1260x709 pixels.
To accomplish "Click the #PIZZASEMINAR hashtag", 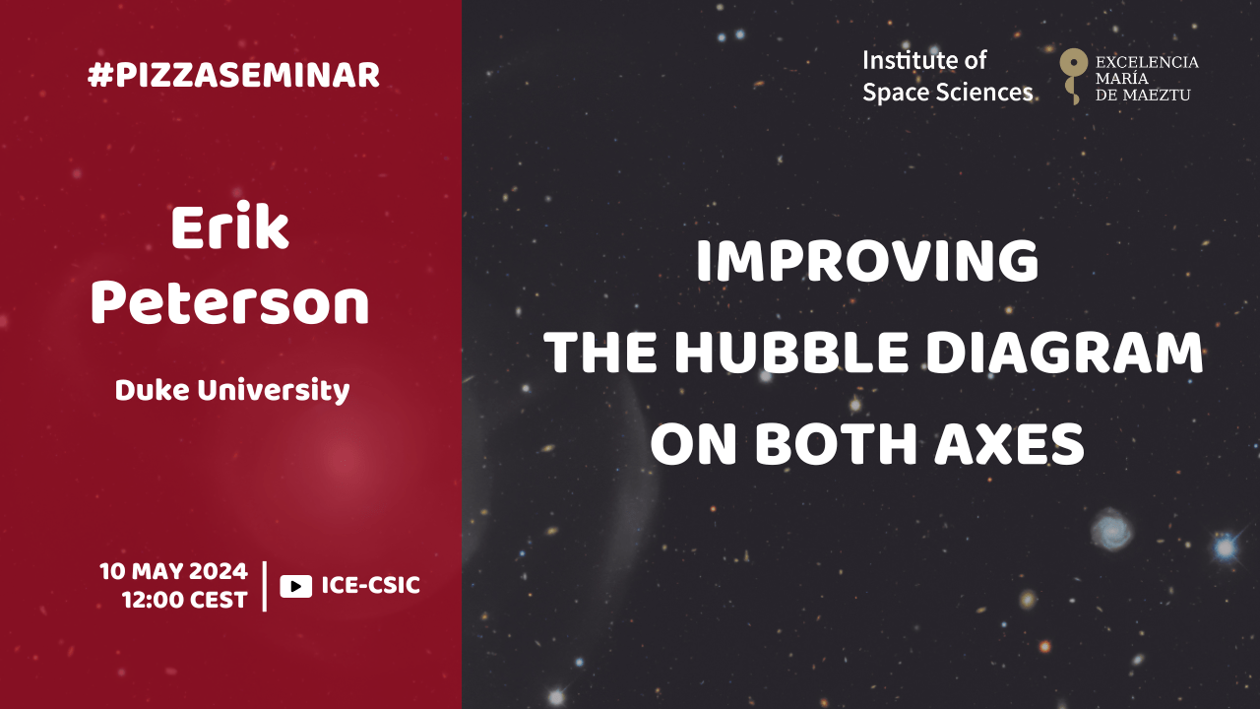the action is pos(233,75).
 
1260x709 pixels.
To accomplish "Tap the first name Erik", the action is pos(230,226).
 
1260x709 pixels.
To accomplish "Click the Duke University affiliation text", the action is pos(232,391).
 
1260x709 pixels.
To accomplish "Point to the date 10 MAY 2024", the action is pos(174,571).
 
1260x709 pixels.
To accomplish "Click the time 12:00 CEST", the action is pos(184,600).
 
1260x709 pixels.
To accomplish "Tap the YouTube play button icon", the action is pos(296,586).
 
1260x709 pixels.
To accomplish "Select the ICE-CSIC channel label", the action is pos(371,585).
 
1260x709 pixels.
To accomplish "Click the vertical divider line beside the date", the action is pos(265,586).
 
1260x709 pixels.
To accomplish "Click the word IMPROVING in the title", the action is pos(867,261).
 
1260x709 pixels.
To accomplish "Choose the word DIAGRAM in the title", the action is pos(1065,353).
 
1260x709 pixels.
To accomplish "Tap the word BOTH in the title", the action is pos(836,444).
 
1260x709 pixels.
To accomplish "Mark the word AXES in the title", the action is pos(1009,444).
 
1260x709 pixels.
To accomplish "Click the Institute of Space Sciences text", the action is pos(947,77).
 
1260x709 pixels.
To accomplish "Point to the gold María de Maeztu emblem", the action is pos(1073,76).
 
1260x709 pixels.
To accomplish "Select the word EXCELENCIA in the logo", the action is pos(1147,62).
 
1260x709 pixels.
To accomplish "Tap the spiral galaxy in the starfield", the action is pos(1112,529).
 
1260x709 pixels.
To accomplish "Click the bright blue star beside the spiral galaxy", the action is pos(1226,547).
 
